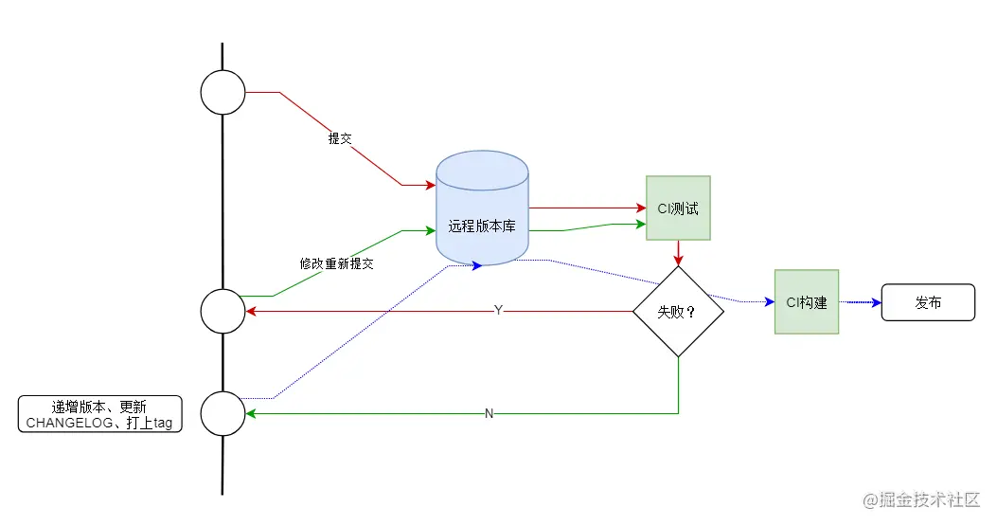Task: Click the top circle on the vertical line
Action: coord(223,93)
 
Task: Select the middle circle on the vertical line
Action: coord(223,311)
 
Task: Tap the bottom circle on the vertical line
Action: coord(223,413)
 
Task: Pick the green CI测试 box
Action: coord(678,208)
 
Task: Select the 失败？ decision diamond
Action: coord(678,311)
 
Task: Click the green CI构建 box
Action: coord(807,301)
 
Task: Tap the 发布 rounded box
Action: coord(928,302)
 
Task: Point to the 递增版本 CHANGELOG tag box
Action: coord(99,414)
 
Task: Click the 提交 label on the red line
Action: coord(340,138)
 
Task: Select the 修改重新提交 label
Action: coord(336,263)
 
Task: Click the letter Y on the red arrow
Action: coord(498,311)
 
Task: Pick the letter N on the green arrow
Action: coord(489,413)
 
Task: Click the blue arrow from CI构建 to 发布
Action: coord(860,302)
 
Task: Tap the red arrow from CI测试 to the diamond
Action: coord(678,252)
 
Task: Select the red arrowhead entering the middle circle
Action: coord(251,311)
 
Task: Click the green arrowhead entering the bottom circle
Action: coord(251,413)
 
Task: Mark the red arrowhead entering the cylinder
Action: coord(430,185)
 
